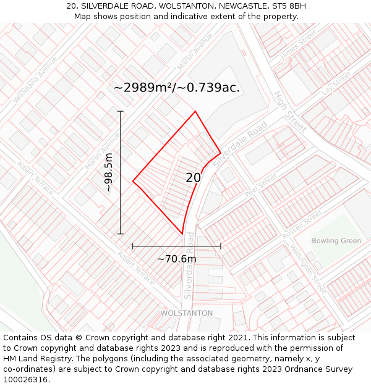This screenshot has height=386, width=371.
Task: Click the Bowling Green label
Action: pyautogui.click(x=336, y=241)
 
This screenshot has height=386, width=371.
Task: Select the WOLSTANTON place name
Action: pyautogui.click(x=187, y=313)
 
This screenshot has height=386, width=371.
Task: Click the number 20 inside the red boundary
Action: pyautogui.click(x=194, y=178)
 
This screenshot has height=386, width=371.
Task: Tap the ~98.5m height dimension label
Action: pyautogui.click(x=109, y=172)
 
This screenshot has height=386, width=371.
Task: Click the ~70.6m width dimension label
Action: pyautogui.click(x=177, y=259)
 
